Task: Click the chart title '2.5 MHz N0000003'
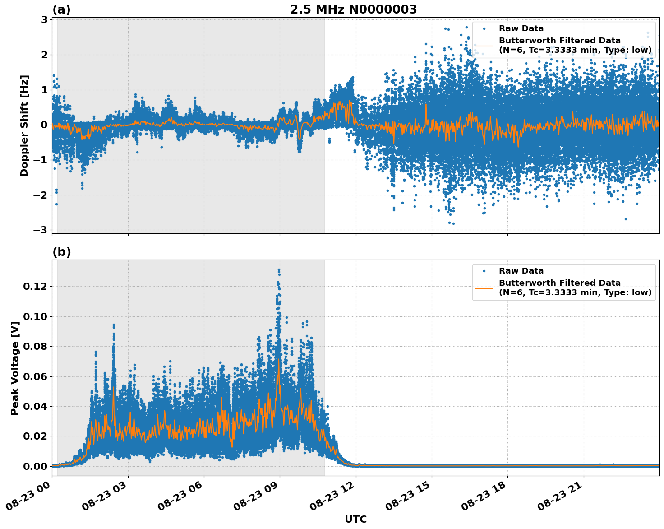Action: [353, 9]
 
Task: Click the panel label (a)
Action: [61, 9]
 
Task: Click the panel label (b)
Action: [61, 252]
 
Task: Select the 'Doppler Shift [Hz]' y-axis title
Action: [24, 125]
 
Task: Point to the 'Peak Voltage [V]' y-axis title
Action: [15, 368]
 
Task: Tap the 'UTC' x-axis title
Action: [355, 519]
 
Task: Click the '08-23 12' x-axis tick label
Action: [334, 495]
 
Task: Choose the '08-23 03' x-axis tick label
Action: [106, 495]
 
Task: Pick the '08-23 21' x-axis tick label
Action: [562, 495]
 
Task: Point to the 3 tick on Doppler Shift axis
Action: [44, 19]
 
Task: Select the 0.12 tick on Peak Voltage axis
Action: [37, 286]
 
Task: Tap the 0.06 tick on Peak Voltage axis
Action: [37, 376]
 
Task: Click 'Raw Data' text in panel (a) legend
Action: [521, 28]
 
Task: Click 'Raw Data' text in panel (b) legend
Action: [521, 271]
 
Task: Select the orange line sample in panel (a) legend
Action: [484, 46]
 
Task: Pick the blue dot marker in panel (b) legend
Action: [484, 271]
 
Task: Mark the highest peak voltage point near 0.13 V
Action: [279, 270]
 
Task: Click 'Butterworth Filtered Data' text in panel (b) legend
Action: [559, 283]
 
